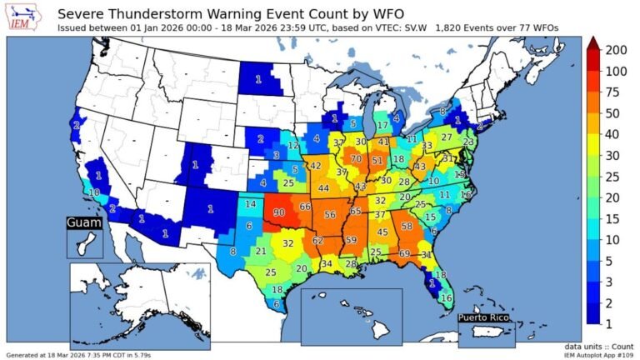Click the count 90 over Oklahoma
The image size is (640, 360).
[x=278, y=212]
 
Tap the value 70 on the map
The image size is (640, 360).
[x=356, y=158]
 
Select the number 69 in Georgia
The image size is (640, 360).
[x=404, y=253]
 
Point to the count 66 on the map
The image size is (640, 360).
[x=305, y=206]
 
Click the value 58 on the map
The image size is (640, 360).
[x=407, y=226]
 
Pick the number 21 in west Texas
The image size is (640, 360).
[x=261, y=252]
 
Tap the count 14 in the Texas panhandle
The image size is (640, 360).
[x=251, y=204]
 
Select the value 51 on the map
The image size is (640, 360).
[x=377, y=161]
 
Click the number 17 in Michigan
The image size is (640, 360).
[x=382, y=125]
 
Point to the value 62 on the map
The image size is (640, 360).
[x=317, y=240]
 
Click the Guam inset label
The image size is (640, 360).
[x=84, y=223]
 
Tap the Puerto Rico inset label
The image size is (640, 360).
[x=487, y=317]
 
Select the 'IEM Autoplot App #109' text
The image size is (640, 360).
[x=592, y=355]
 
